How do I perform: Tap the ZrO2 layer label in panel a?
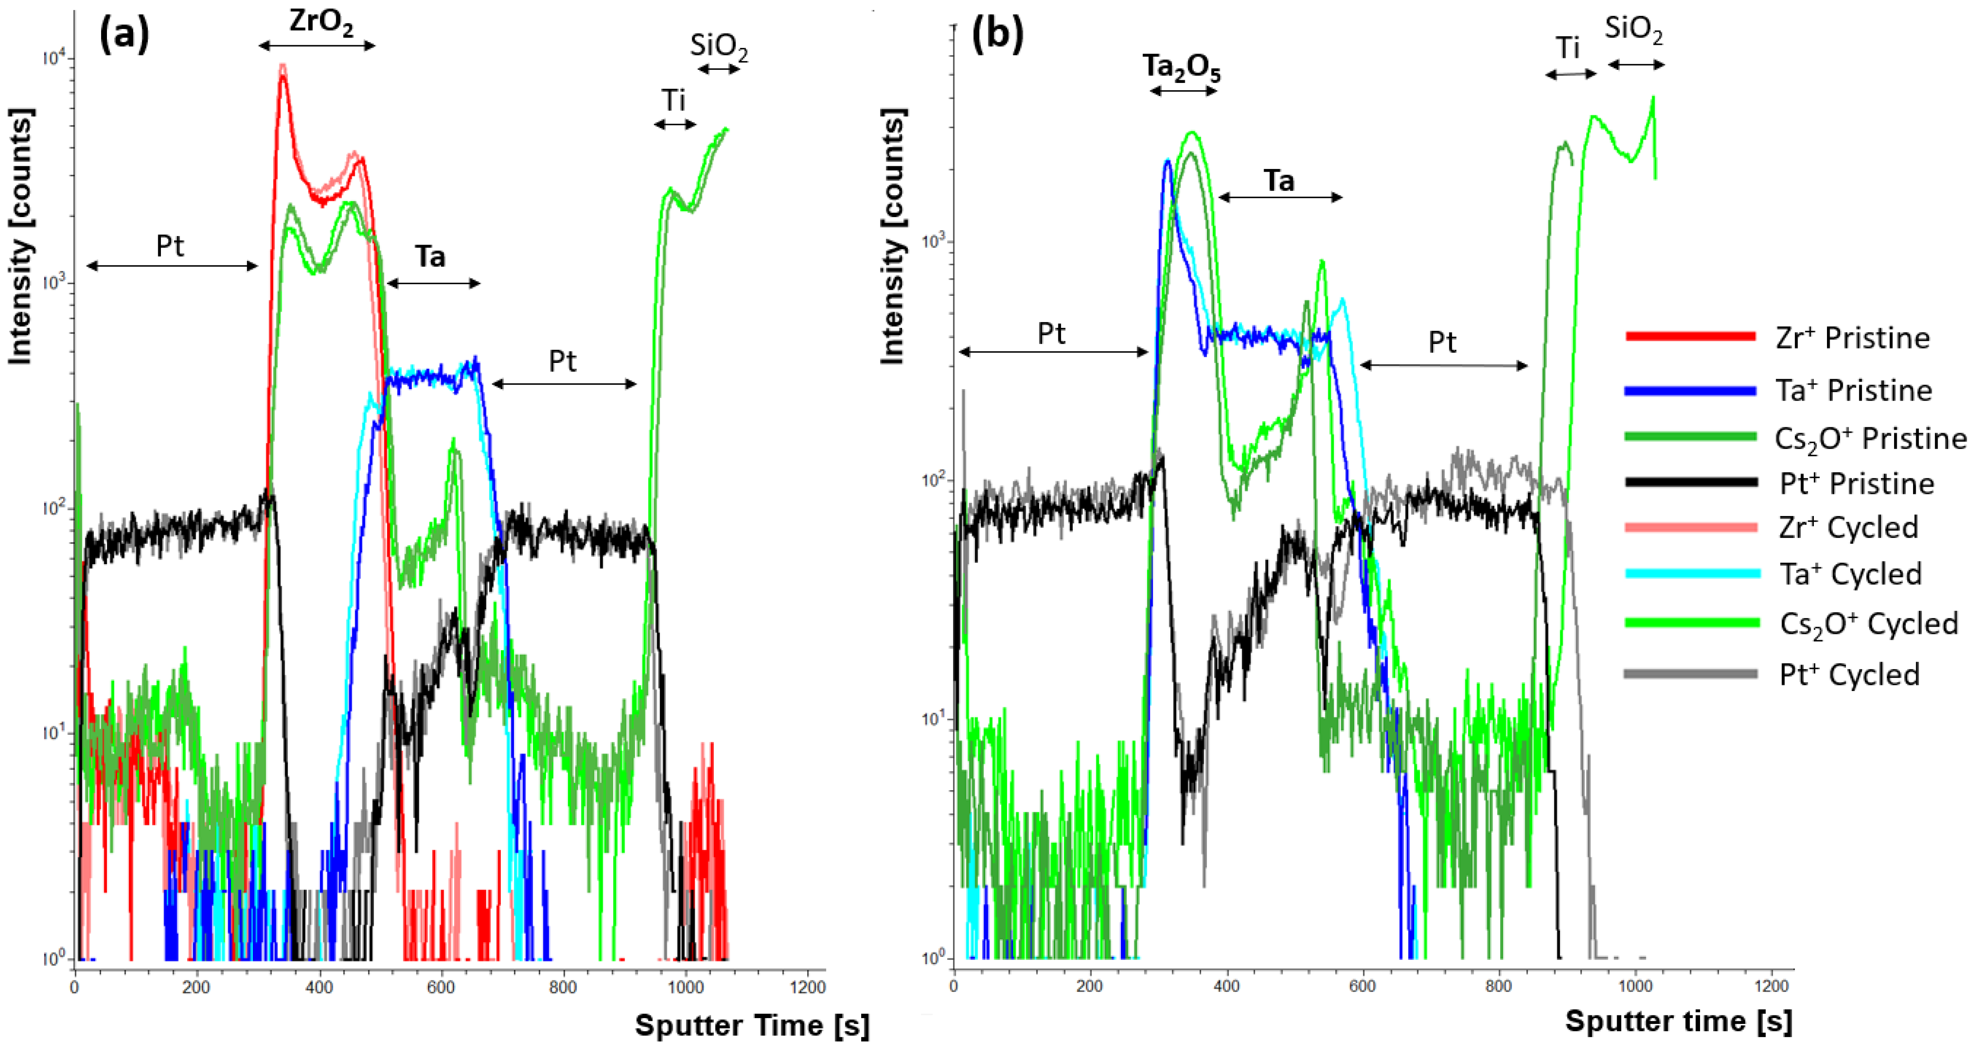click(321, 23)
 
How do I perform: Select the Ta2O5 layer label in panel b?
click(1181, 68)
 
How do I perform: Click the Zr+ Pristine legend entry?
click(1853, 338)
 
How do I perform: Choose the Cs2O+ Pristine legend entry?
click(1870, 439)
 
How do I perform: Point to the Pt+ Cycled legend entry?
click(1850, 674)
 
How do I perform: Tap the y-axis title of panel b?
click(892, 237)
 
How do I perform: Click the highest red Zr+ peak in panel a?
click(282, 75)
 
